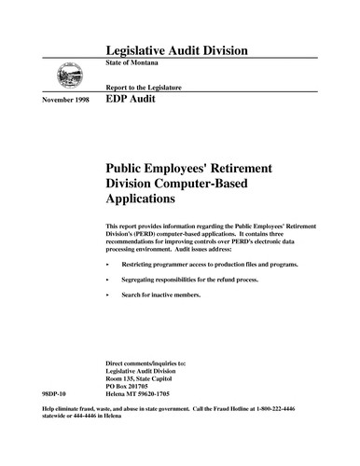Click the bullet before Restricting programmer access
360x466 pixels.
pyautogui.click(x=110, y=265)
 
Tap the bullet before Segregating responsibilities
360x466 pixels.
pyautogui.click(x=110, y=280)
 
